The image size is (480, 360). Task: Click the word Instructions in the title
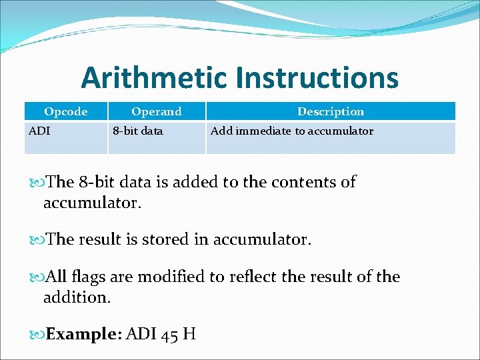coord(317,79)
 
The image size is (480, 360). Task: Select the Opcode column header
coord(65,111)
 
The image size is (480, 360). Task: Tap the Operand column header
coord(156,111)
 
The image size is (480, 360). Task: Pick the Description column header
coord(331,111)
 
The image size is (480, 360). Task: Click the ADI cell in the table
coord(39,131)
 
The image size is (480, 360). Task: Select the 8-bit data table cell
coord(137,131)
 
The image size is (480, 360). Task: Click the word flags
coord(93,277)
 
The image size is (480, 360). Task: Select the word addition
coord(76,297)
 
